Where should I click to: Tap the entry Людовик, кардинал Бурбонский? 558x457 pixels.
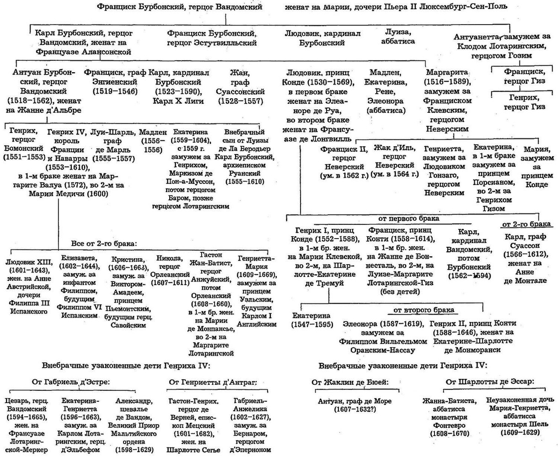(x=322, y=38)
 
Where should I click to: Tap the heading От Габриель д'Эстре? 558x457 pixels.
(x=71, y=382)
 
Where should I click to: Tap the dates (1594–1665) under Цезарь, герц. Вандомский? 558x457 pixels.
(x=30, y=417)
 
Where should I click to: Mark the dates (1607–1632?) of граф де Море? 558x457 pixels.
(x=351, y=409)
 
